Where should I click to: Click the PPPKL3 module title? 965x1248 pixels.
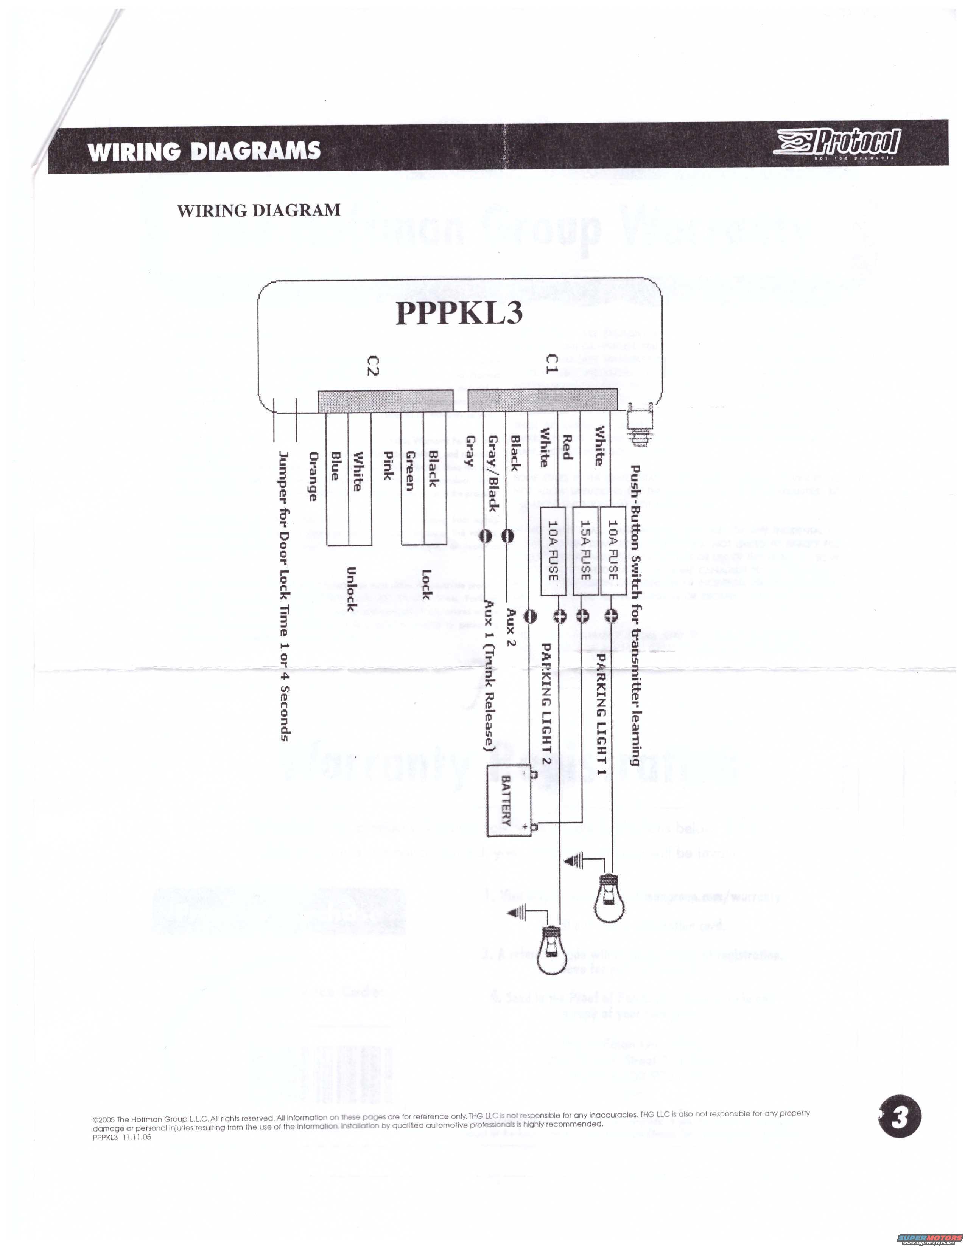pyautogui.click(x=459, y=313)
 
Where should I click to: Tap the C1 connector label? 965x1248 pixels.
pyautogui.click(x=551, y=364)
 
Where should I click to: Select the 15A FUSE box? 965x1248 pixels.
pyautogui.click(x=584, y=550)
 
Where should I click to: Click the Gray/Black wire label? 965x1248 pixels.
pyautogui.click(x=493, y=473)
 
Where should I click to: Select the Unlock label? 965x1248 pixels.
pyautogui.click(x=352, y=588)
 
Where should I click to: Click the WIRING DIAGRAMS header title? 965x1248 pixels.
pyautogui.click(x=204, y=151)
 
